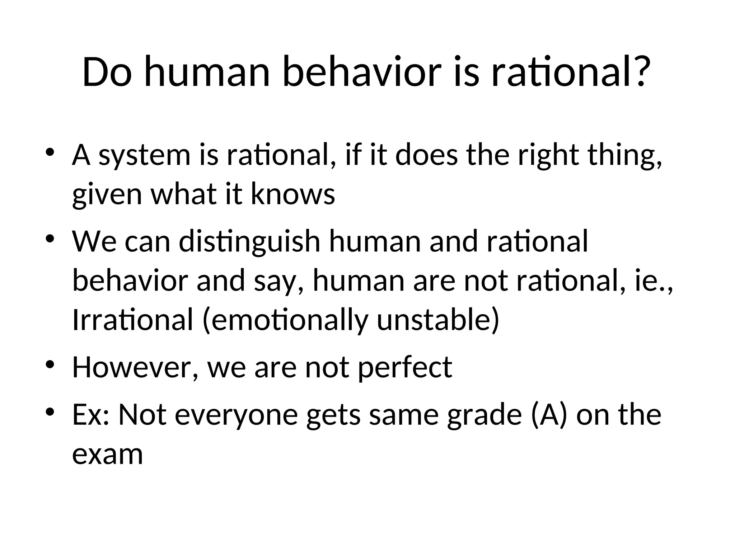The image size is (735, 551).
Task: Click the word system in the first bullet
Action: click(144, 156)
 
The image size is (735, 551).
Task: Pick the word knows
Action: click(292, 195)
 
